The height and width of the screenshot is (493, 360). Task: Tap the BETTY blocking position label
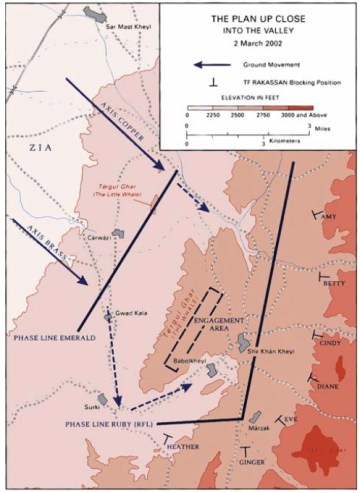[x=334, y=283]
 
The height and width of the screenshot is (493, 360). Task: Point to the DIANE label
[x=327, y=385]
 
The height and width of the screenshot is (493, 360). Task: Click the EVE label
[x=291, y=420]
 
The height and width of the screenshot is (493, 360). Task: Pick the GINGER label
[x=252, y=461]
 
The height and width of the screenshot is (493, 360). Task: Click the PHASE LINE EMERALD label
[x=53, y=338]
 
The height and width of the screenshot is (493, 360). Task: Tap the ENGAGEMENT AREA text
[x=218, y=325]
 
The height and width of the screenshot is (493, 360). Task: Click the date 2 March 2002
[x=260, y=46]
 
